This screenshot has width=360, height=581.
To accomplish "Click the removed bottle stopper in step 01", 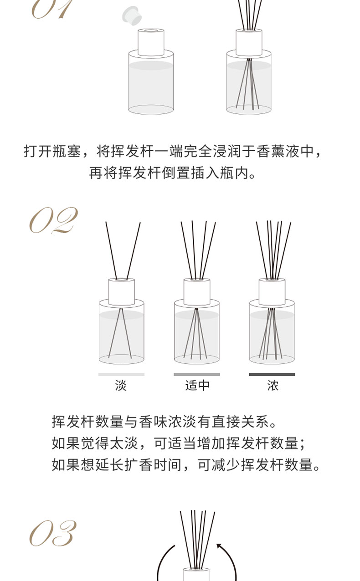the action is (132, 15).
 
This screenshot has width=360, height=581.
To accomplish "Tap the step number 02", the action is (53, 220).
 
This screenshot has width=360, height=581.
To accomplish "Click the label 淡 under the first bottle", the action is (121, 385).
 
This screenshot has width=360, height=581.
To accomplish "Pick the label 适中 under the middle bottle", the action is (197, 385).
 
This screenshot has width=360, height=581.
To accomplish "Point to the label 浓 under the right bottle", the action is (273, 385).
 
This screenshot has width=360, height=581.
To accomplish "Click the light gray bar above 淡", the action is (121, 374).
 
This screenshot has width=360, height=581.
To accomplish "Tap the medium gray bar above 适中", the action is (197, 374).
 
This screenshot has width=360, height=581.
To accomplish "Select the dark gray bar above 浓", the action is (272, 374).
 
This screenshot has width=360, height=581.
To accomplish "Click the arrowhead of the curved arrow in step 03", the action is (219, 545).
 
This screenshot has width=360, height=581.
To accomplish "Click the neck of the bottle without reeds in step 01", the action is (151, 42).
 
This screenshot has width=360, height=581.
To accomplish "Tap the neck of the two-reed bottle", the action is (122, 292).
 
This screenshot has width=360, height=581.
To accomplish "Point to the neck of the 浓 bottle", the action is (272, 292).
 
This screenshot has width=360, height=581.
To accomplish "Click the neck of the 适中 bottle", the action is (197, 292).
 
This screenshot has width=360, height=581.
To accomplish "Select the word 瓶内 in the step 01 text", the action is (234, 173).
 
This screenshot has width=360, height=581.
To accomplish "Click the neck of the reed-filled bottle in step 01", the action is (249, 42).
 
